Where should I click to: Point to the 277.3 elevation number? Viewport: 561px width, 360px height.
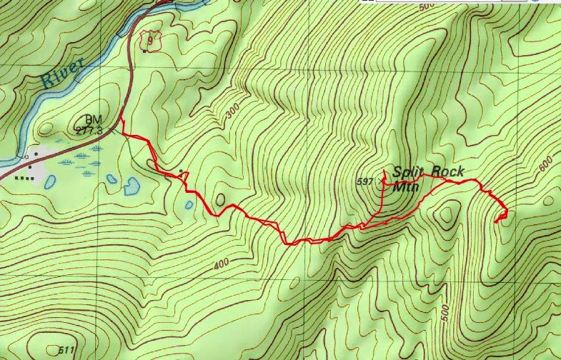(x=89, y=131)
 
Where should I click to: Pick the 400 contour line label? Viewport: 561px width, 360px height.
(x=221, y=264)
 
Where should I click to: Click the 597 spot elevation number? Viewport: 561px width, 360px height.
(x=364, y=182)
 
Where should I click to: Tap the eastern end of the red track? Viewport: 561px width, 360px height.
(x=496, y=222)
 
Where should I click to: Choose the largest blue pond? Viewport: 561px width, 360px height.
(x=131, y=186)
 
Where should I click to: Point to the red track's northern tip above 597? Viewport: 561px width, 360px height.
(x=384, y=170)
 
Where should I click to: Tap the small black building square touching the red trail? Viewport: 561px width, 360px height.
(x=182, y=171)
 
